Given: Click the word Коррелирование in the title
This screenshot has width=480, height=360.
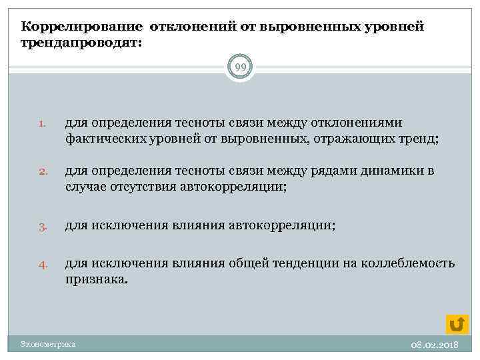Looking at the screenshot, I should point(81,27).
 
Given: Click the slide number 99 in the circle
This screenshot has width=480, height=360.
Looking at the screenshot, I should point(240,67).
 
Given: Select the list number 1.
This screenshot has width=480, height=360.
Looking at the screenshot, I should point(41,123).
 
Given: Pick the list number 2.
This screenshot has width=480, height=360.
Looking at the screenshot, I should point(41,172).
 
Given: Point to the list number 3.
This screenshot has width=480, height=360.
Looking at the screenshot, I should point(41,227).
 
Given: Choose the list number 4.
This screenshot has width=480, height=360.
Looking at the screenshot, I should point(41,264).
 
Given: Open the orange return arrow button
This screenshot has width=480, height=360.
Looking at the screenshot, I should point(456,323).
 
